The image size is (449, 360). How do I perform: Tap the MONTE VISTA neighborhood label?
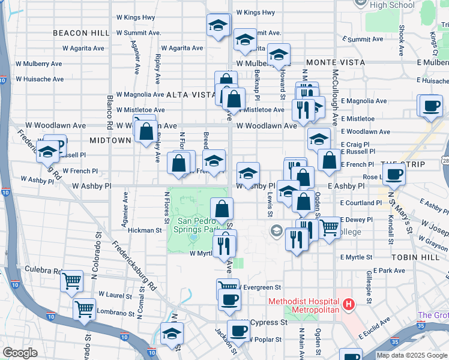point(335,62)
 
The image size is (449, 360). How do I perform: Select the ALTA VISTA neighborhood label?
point(190,95)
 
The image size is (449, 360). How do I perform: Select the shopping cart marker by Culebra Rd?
point(72,280)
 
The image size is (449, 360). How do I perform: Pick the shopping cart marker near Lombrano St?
point(84,310)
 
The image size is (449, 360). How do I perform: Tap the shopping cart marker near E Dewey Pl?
point(328,227)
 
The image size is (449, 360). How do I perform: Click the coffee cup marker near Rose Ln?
point(394,175)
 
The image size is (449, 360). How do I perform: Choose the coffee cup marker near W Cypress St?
point(238,331)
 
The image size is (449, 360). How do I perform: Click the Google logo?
point(20,353)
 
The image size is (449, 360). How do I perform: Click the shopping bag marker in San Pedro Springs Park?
point(222,209)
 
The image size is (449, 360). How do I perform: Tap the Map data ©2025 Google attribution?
point(411,355)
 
